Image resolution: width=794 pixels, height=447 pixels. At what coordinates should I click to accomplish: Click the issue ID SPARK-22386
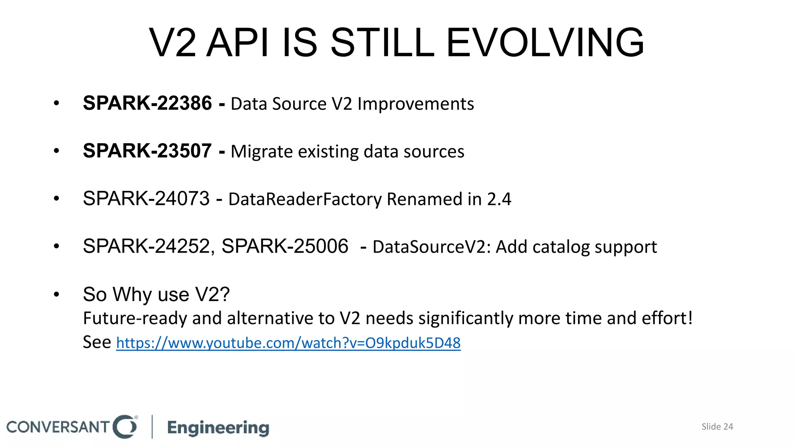pos(147,104)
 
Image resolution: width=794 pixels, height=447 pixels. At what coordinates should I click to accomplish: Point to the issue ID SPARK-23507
pos(147,151)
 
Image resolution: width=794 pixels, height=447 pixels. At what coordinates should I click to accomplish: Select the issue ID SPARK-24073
pos(146,199)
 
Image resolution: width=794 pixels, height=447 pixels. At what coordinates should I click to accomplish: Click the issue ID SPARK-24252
pos(146,246)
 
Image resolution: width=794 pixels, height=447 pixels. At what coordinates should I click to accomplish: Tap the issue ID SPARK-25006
pos(285,246)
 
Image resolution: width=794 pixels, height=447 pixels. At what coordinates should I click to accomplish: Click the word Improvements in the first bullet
pos(416,104)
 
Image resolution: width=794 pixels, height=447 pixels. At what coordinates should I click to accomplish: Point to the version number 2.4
pos(499,199)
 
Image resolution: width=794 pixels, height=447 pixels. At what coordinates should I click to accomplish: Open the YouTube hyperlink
pos(288,343)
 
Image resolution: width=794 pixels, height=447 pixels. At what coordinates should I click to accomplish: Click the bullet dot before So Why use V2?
pos(57,295)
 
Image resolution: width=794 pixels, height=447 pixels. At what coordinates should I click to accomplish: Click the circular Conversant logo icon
pos(125,427)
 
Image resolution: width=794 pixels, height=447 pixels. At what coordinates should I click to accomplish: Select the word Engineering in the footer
pos(218,428)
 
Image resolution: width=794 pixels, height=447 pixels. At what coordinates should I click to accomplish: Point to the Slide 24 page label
pos(717,427)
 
